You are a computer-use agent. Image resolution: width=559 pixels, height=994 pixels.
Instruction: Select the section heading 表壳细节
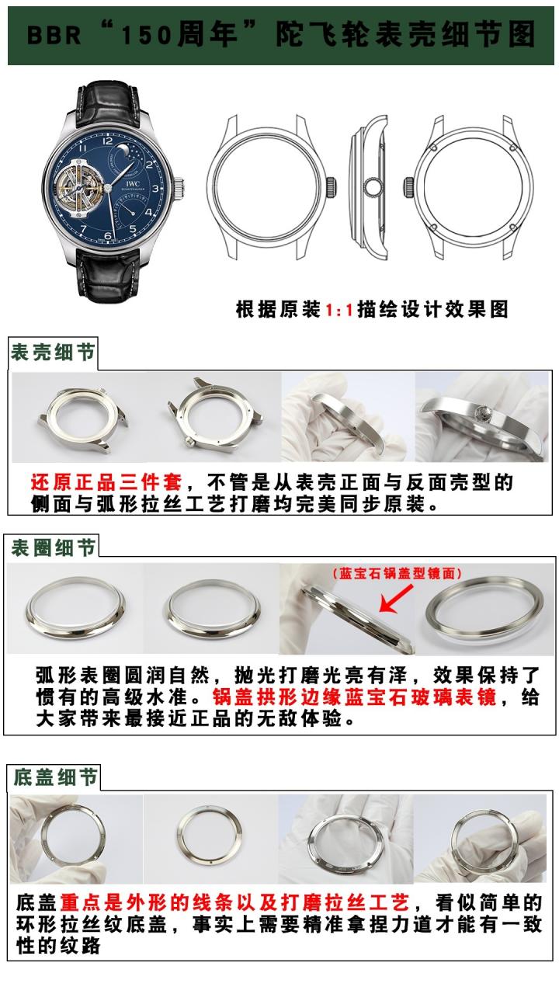[x=53, y=354]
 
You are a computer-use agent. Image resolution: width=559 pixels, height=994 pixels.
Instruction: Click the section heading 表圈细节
[x=53, y=547]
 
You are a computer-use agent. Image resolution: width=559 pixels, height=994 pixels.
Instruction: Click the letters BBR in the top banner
[x=54, y=35]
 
